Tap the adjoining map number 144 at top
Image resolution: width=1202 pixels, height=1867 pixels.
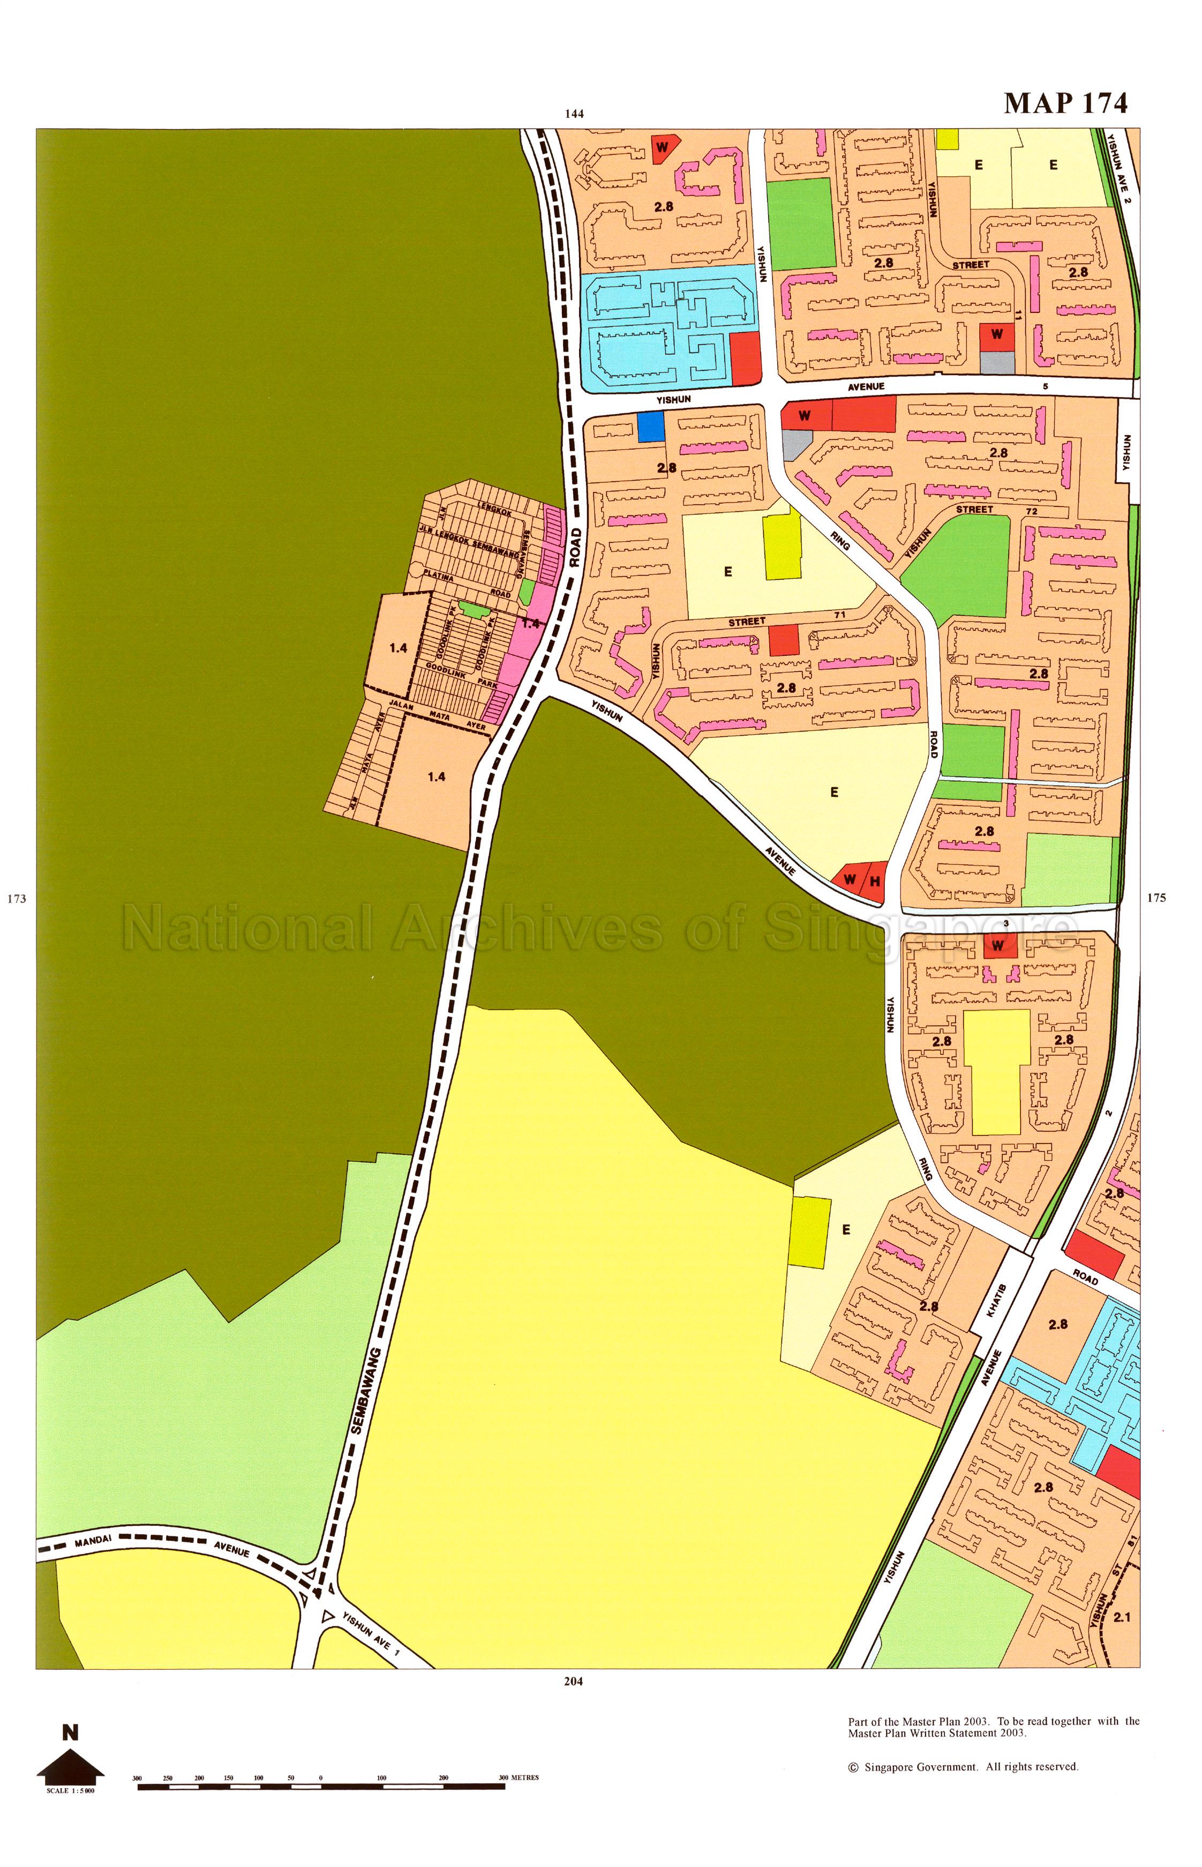coord(574,114)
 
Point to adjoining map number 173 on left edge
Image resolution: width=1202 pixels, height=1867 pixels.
coord(17,898)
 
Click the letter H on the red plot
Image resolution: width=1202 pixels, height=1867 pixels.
coord(875,881)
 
